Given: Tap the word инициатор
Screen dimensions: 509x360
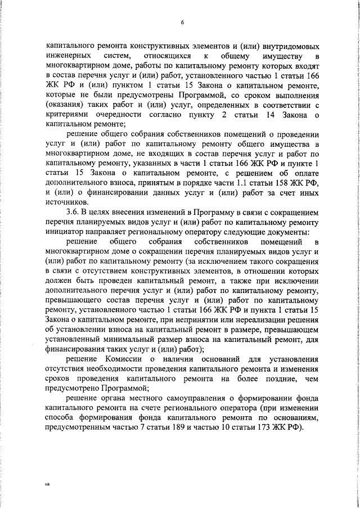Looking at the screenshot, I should click(x=65, y=232).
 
